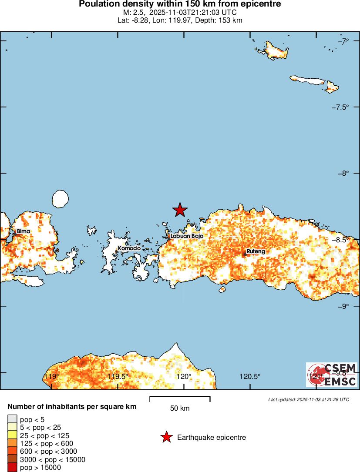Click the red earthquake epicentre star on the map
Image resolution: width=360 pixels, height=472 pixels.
point(180,210)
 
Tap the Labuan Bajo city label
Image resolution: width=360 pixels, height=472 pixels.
point(187,236)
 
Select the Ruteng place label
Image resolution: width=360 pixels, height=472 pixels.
point(256,251)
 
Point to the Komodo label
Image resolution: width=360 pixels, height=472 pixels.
point(129,248)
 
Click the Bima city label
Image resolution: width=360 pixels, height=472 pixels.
point(24,231)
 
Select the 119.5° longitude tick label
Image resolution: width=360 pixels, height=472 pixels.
point(118,376)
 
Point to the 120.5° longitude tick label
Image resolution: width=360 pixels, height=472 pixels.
point(251,376)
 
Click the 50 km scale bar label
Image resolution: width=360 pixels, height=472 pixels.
point(180,408)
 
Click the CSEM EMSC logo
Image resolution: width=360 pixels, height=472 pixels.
point(332,375)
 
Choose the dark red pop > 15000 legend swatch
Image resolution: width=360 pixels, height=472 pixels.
point(12,468)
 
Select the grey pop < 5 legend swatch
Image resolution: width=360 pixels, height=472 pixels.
point(12,420)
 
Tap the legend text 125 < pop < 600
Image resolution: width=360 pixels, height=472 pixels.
point(47,444)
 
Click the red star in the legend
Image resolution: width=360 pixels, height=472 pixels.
point(166,437)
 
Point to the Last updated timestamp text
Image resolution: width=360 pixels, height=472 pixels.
point(309,399)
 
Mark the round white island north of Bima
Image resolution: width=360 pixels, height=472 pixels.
point(60,198)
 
